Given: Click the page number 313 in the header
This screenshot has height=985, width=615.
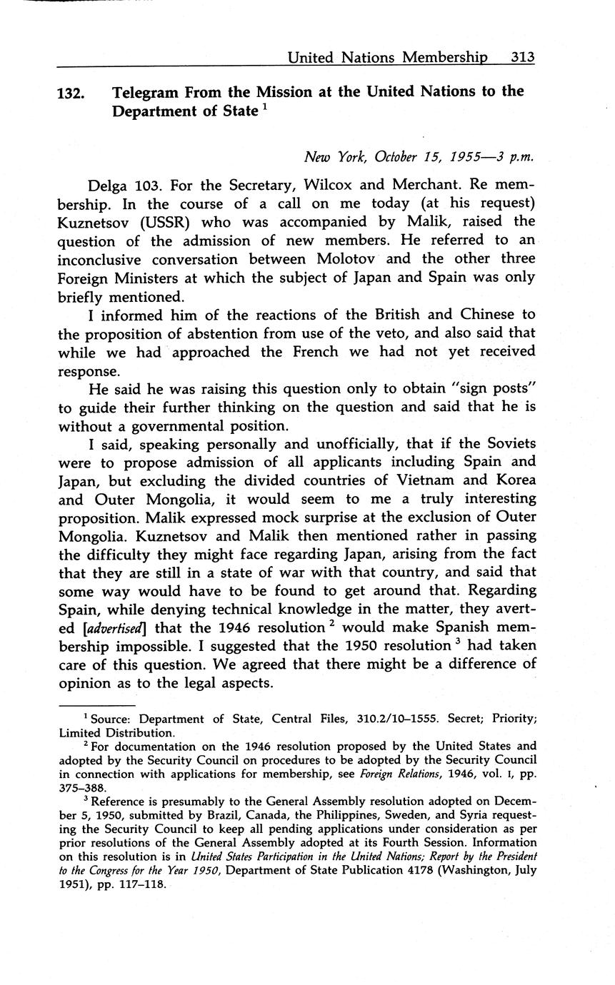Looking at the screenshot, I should [522, 57].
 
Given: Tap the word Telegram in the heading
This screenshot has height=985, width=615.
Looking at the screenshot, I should [146, 92].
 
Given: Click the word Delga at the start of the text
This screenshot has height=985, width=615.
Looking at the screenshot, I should [109, 184].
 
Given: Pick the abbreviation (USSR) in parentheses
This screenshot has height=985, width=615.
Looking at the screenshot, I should [165, 221].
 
